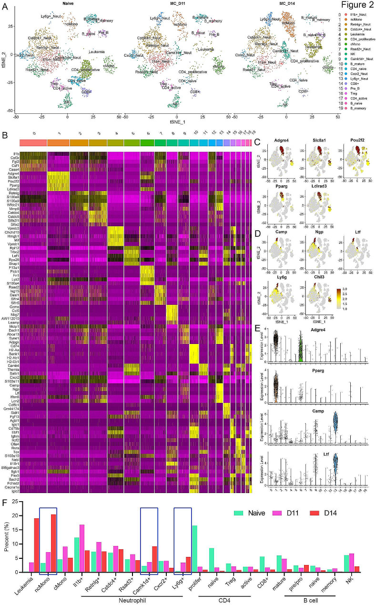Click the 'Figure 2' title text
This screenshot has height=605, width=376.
click(x=351, y=6)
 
